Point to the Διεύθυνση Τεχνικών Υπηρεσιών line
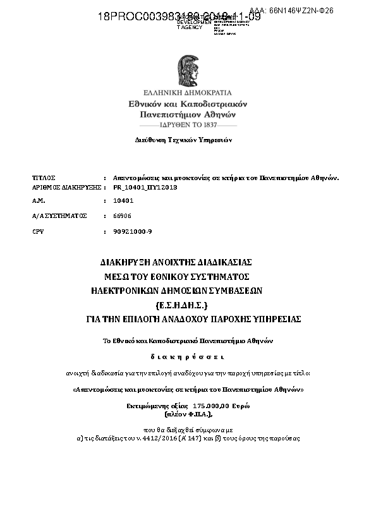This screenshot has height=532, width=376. [183, 140]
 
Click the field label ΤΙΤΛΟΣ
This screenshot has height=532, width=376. [44, 178]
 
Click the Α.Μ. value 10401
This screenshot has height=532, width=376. [123, 200]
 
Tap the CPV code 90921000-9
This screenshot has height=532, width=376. [132, 231]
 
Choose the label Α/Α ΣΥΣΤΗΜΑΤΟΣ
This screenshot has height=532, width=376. [59, 215]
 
